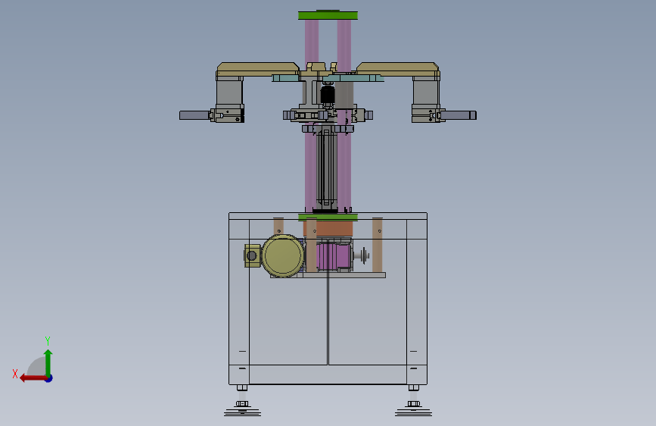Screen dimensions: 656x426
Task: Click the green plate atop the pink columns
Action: point(328,15)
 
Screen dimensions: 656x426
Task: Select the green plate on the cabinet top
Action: point(328,218)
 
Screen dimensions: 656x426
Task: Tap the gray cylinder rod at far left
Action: point(194,115)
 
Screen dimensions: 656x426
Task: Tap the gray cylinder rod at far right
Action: point(458,115)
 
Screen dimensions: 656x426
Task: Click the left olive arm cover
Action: point(258,69)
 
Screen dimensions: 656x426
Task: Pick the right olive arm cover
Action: point(397,69)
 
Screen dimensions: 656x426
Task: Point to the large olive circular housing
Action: point(283,255)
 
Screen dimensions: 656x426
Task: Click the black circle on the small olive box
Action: point(252,255)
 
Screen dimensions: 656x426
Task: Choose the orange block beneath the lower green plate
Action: point(328,228)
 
